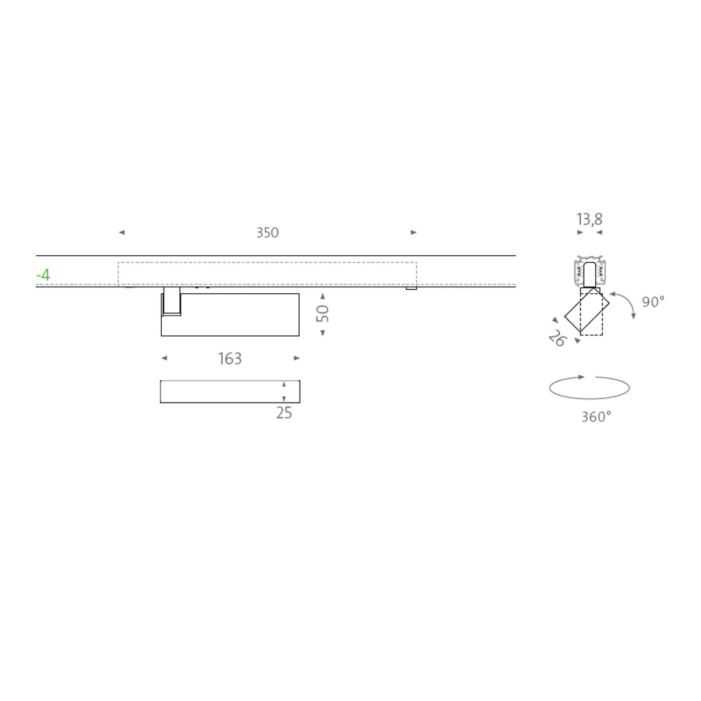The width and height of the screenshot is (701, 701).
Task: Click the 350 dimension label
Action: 268,233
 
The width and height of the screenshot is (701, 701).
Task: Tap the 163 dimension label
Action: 230,359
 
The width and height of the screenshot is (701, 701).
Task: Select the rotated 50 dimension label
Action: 322,313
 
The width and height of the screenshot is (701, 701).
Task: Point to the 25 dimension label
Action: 284,413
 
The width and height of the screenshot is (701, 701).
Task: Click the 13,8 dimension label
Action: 589,219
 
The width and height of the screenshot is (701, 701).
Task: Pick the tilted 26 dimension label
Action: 557,338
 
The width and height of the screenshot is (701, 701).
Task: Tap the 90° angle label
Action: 653,301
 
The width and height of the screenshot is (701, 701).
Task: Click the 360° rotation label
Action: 596,417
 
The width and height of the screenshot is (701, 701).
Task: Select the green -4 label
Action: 43,275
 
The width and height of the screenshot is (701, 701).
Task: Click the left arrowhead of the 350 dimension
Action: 122,232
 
